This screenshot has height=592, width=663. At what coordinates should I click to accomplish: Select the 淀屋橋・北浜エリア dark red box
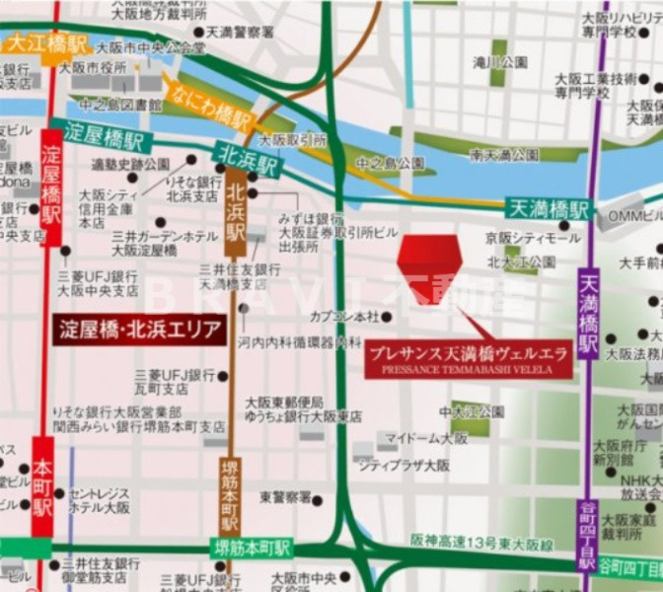138,330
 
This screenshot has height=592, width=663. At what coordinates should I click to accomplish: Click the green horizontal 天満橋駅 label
549,208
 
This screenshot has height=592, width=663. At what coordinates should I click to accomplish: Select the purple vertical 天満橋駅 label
588,302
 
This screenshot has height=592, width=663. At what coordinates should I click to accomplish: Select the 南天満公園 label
504,155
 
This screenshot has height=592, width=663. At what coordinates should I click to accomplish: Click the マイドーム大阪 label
426,437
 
